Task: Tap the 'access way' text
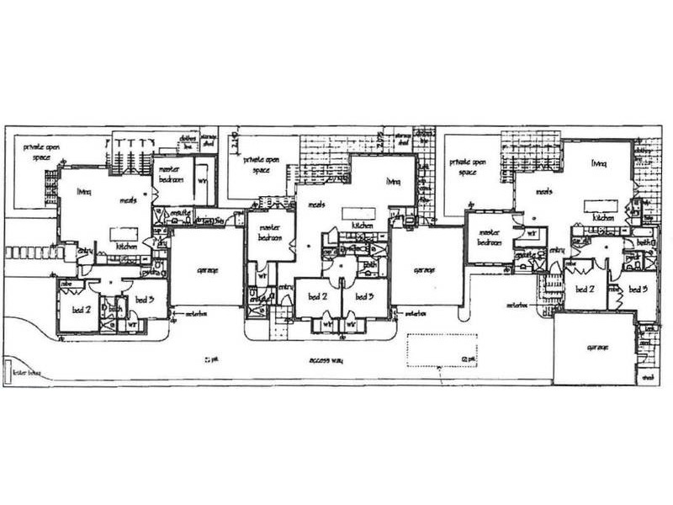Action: (x=323, y=359)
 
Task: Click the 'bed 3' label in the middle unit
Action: (x=364, y=296)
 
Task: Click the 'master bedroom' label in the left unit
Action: (x=172, y=173)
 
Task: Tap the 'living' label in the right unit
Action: (x=599, y=163)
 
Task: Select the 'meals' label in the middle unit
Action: (x=317, y=205)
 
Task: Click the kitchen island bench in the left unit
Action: (x=123, y=232)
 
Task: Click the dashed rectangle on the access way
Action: (x=442, y=350)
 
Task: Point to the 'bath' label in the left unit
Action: (x=115, y=311)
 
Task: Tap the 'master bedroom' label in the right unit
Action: (x=489, y=237)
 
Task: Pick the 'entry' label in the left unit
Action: (x=85, y=250)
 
